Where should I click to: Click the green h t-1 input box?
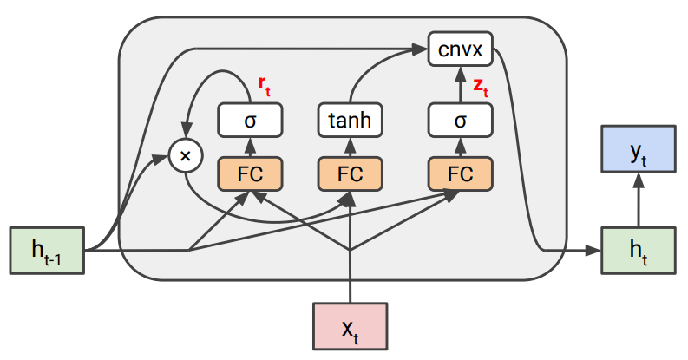click(x=47, y=251)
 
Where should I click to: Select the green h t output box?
click(x=638, y=251)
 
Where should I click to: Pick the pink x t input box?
click(x=350, y=326)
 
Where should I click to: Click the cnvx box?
click(x=460, y=48)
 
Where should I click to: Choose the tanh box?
click(x=350, y=121)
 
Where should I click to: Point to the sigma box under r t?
click(x=250, y=121)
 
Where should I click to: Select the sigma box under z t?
click(x=460, y=121)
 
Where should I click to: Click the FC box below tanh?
click(x=350, y=173)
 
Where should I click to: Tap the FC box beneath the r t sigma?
click(x=250, y=173)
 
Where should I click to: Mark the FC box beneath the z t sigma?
click(x=460, y=173)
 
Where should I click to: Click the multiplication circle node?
click(x=184, y=156)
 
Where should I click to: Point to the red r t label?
click(x=265, y=84)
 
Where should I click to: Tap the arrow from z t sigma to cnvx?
click(x=460, y=84)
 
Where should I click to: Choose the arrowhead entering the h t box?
click(x=594, y=251)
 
